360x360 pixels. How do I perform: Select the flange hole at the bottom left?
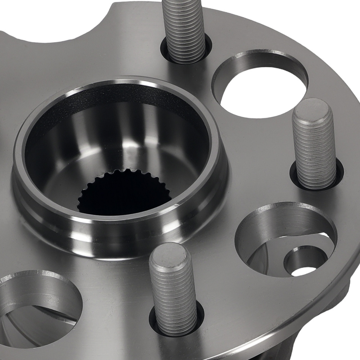(x=32, y=306)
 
